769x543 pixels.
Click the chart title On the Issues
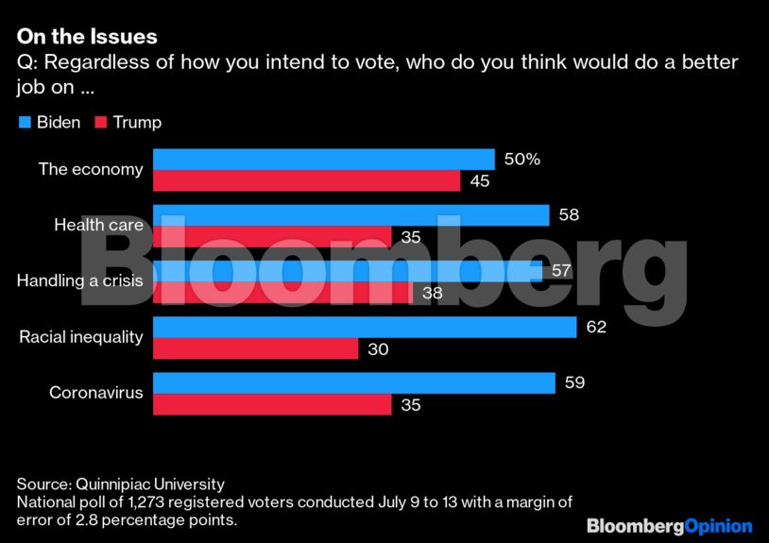click(87, 37)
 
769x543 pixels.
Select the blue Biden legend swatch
click(25, 123)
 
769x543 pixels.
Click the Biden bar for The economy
click(324, 160)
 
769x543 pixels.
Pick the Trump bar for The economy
click(306, 181)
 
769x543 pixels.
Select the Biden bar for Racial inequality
click(365, 327)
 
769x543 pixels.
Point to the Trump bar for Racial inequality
click(255, 349)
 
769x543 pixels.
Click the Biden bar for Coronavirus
click(353, 382)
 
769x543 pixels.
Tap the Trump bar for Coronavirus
click(272, 405)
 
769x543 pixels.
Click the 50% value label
click(522, 160)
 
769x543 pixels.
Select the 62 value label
click(595, 327)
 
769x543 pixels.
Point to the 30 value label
click(378, 349)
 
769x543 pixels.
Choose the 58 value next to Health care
click(568, 215)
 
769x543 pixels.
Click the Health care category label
click(98, 225)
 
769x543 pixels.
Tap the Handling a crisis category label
click(80, 280)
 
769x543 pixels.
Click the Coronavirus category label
click(96, 392)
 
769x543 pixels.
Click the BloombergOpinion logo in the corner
click(669, 526)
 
